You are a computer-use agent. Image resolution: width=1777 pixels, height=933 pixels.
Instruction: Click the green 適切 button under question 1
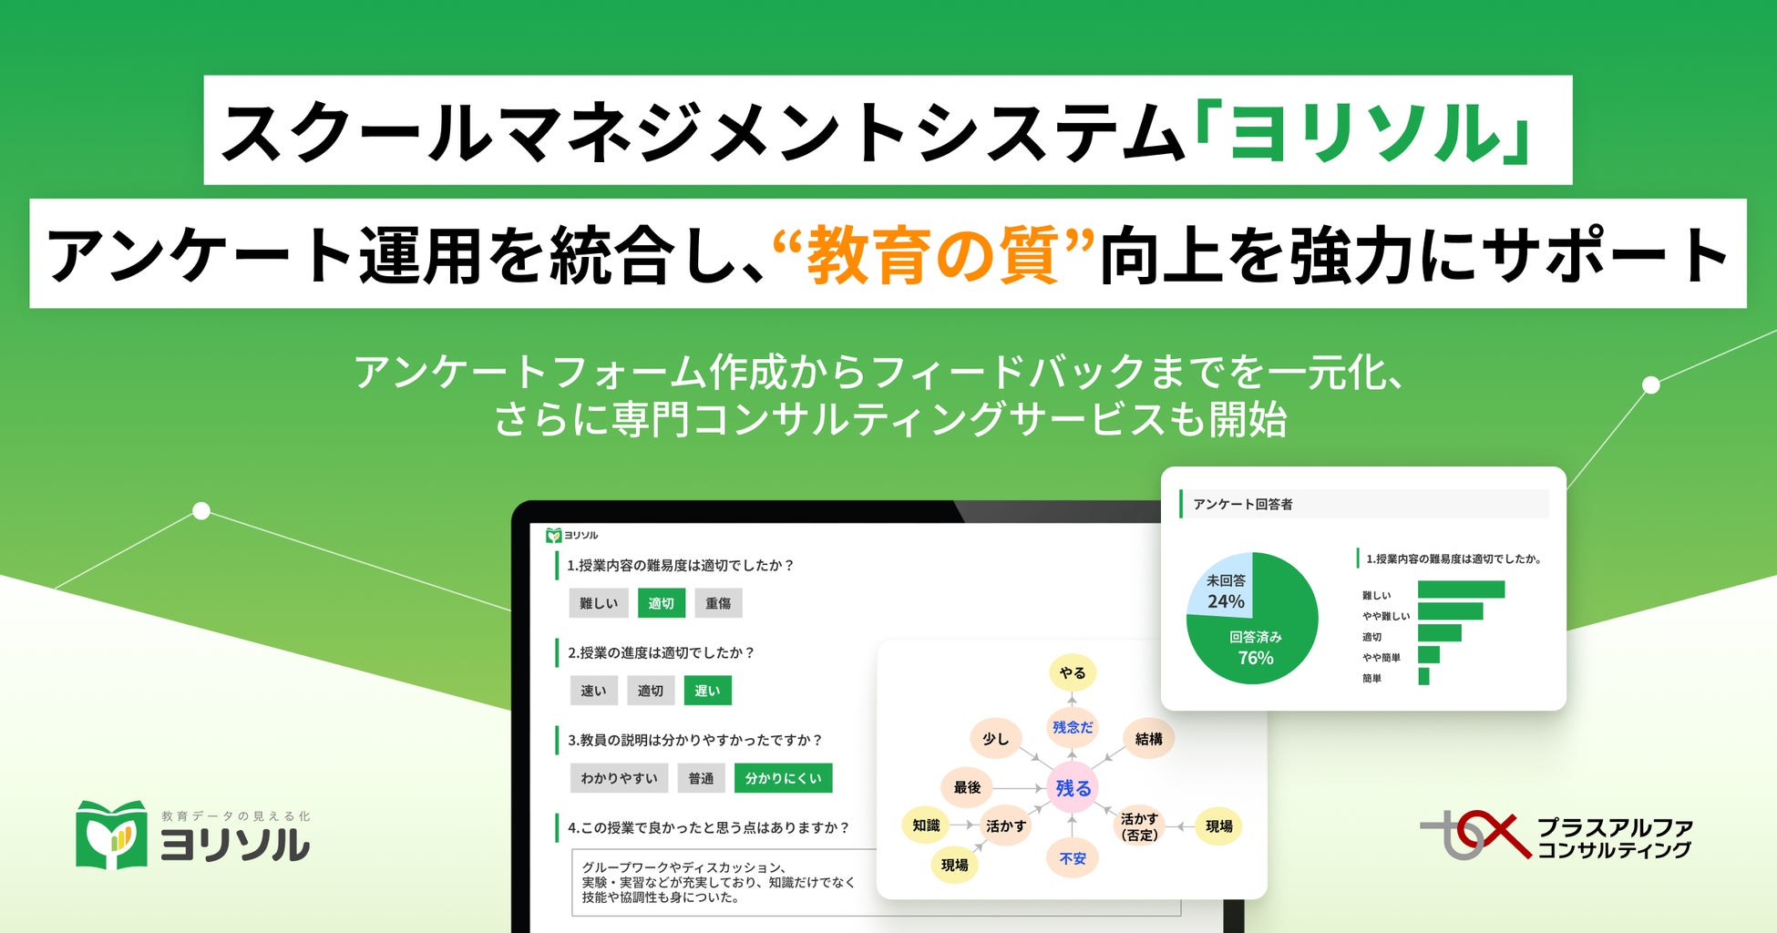tap(661, 603)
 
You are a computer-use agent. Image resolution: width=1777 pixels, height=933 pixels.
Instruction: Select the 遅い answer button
tap(707, 691)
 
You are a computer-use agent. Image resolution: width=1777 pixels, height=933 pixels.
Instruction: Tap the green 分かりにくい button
tap(783, 778)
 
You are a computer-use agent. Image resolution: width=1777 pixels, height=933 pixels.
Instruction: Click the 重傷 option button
tap(718, 603)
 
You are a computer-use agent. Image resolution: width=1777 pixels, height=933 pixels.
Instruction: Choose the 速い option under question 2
tap(593, 691)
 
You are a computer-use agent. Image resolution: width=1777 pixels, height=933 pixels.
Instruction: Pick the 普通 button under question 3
tap(701, 778)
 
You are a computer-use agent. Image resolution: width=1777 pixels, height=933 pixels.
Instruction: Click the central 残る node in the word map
tap(1073, 788)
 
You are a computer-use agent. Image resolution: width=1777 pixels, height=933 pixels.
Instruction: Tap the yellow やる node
tap(1072, 672)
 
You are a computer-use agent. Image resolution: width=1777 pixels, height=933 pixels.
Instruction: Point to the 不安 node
tap(1073, 858)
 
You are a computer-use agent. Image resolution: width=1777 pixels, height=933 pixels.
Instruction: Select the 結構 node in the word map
tap(1148, 739)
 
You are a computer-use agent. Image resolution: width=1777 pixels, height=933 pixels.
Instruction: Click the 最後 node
tap(967, 787)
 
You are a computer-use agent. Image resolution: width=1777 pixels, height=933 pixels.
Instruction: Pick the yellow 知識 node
tap(926, 825)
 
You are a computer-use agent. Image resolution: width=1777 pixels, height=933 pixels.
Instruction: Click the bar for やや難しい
tap(1450, 611)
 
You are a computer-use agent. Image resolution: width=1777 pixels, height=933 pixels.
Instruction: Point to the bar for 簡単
tap(1423, 676)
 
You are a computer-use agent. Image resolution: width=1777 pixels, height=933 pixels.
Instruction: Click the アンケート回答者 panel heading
tap(1243, 504)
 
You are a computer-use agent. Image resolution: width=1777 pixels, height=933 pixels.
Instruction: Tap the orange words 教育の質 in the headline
tap(932, 255)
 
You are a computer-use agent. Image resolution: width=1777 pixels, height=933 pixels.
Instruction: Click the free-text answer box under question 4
tap(720, 882)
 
